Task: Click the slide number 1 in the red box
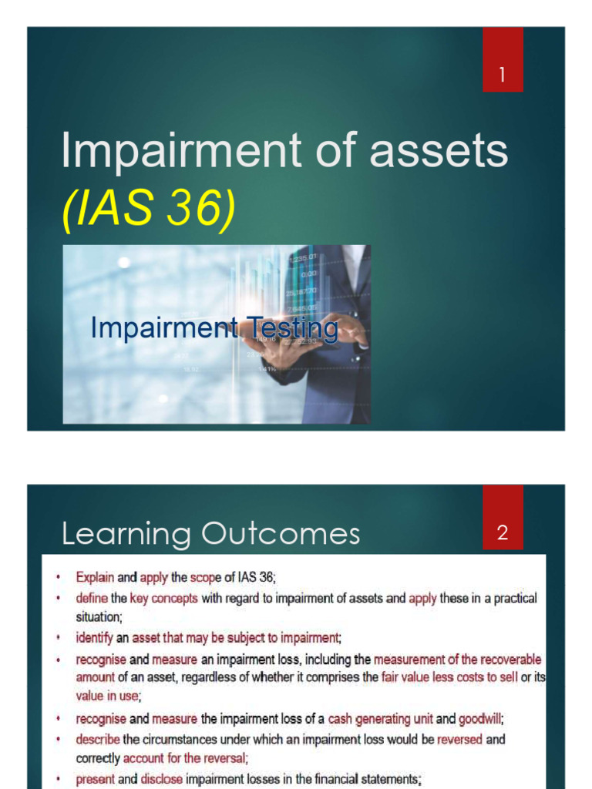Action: (x=503, y=75)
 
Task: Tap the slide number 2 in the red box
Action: (x=503, y=532)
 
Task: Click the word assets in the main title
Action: (x=439, y=151)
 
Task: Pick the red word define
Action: (x=91, y=598)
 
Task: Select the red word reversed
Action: (x=459, y=740)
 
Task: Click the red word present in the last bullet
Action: (x=95, y=779)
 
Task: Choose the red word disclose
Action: (x=161, y=779)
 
